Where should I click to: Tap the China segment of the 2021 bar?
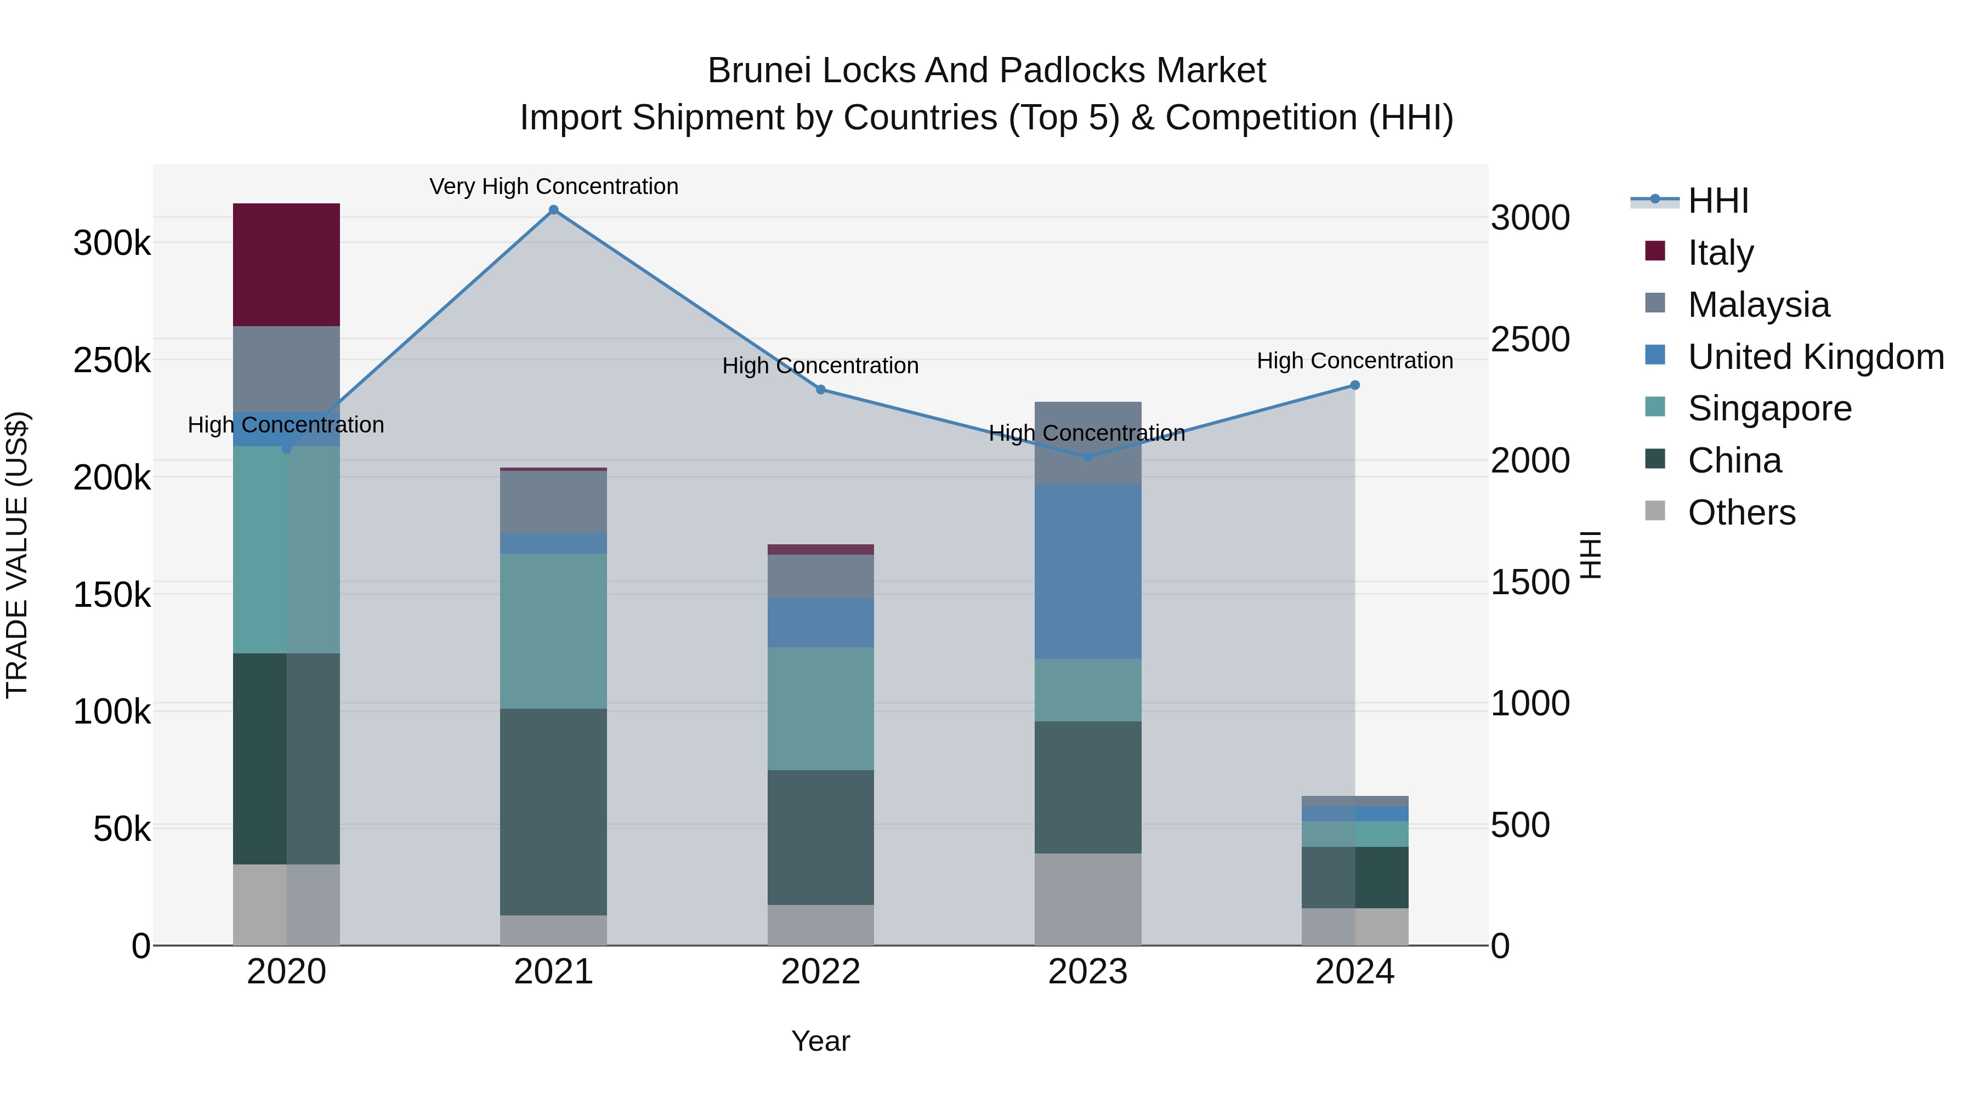(x=553, y=811)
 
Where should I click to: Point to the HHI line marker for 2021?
(x=553, y=210)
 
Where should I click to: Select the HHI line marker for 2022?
(x=821, y=390)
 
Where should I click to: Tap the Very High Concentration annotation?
(x=553, y=186)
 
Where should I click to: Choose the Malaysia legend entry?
(x=1758, y=305)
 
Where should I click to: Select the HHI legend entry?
(x=1717, y=201)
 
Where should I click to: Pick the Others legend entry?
(x=1741, y=513)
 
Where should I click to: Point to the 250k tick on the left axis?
(x=112, y=360)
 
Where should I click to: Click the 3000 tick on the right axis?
(x=1529, y=218)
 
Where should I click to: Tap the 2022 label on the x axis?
(x=821, y=972)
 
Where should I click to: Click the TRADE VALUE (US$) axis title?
(x=17, y=555)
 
